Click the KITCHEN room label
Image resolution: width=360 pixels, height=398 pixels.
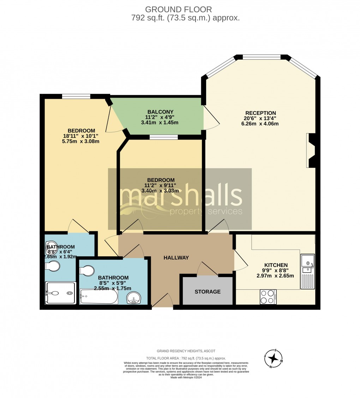coord(276,265)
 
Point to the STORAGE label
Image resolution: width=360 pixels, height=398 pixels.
coord(208,292)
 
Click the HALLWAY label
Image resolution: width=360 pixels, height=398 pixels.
coord(176,258)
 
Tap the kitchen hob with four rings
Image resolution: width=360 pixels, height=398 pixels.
coord(268,296)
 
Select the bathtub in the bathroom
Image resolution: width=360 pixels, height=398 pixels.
coord(99,297)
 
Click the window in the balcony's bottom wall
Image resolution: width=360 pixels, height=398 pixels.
coord(163,137)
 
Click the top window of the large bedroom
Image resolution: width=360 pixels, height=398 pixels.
coord(76,96)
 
